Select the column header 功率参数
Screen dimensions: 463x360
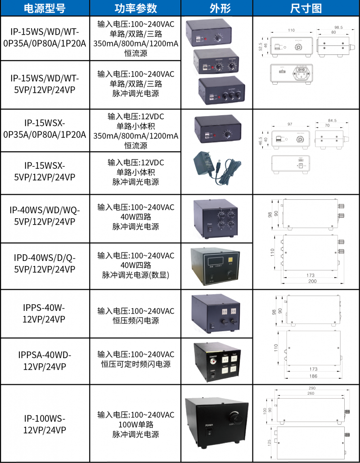tap(135, 8)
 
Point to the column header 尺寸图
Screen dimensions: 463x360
tap(306, 8)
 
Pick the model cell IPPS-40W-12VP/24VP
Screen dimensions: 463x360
tap(45, 314)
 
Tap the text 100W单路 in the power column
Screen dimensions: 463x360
tap(135, 424)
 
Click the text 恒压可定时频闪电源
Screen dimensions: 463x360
tap(135, 364)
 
